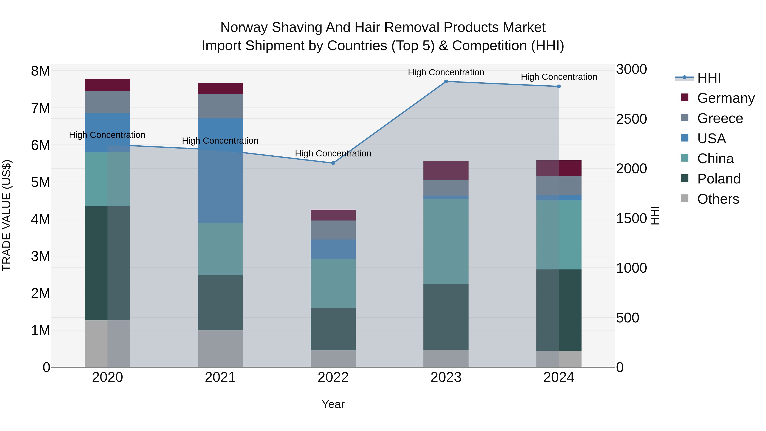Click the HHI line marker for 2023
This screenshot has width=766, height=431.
tap(446, 82)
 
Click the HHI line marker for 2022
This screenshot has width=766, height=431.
tap(333, 163)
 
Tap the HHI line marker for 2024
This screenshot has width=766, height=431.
tap(559, 87)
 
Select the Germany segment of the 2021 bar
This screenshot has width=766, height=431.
tap(220, 89)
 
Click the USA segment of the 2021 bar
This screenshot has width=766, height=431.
tap(220, 171)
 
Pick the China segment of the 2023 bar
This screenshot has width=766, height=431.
tap(446, 242)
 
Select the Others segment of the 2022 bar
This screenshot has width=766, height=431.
tap(333, 358)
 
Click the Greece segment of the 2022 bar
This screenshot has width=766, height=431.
tap(333, 230)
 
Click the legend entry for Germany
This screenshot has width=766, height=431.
tap(726, 98)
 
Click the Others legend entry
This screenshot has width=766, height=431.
tap(718, 199)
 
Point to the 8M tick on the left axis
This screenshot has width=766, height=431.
tap(40, 71)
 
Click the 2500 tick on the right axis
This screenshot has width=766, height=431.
tap(631, 119)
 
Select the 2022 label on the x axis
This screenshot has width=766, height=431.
tap(333, 377)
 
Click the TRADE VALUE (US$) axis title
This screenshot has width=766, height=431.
tap(7, 215)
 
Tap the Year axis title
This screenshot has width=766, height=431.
tap(333, 404)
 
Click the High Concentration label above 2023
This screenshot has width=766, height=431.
tap(446, 72)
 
